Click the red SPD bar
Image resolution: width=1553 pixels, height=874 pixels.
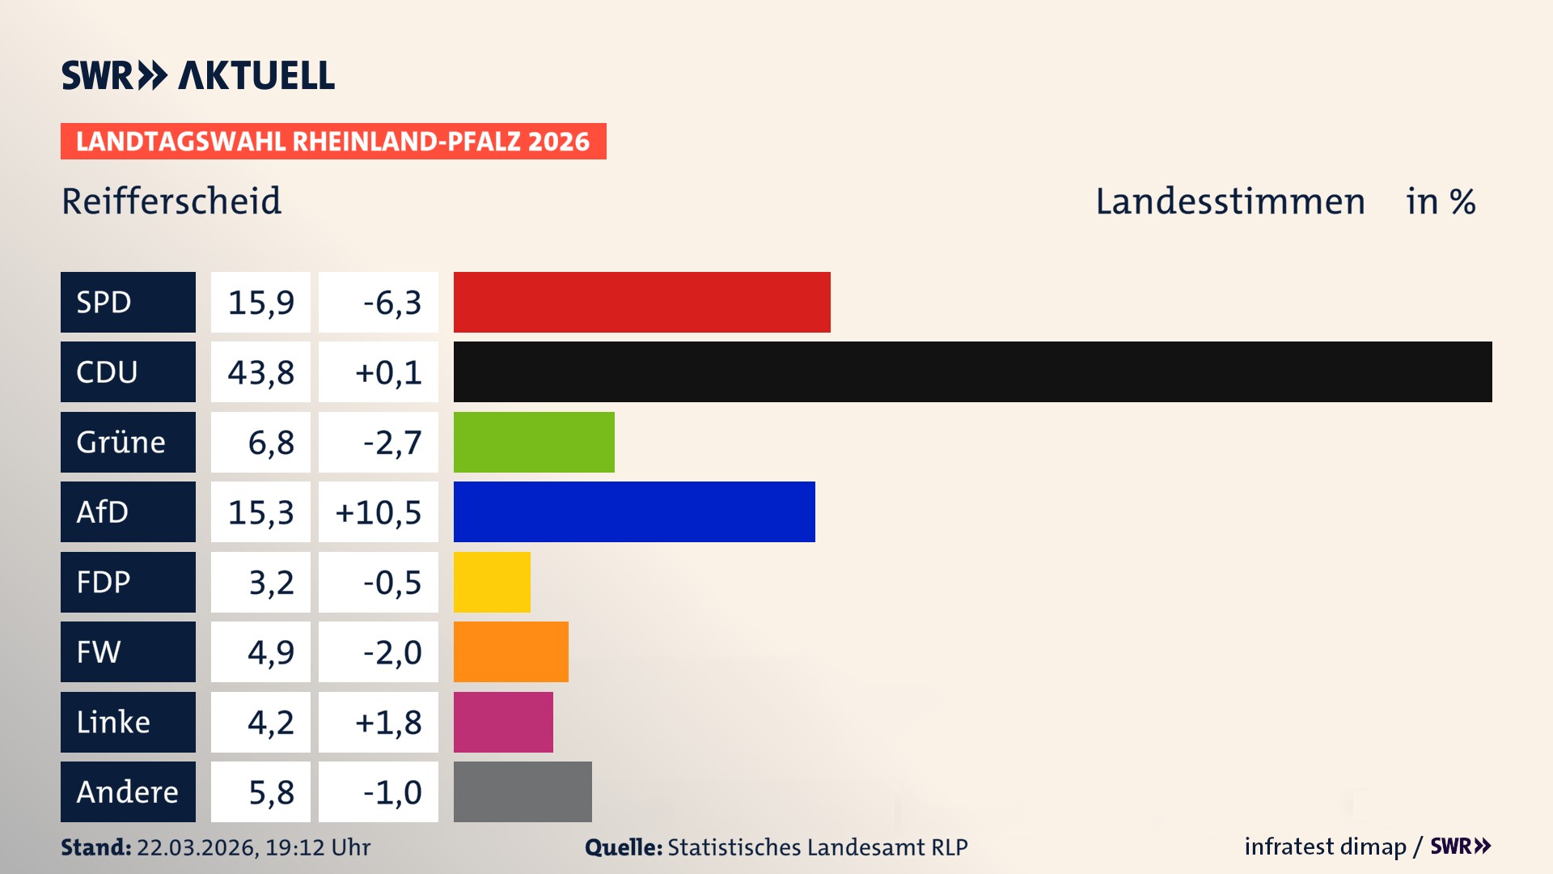click(x=641, y=302)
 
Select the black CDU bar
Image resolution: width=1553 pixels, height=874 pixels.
click(x=972, y=371)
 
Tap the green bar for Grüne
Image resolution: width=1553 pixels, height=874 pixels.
click(x=534, y=442)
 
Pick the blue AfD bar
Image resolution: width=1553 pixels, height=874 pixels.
click(x=634, y=511)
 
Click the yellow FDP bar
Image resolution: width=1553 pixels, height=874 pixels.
click(x=492, y=582)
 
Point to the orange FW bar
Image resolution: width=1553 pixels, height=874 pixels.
click(x=510, y=651)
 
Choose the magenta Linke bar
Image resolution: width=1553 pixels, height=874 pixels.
click(x=503, y=722)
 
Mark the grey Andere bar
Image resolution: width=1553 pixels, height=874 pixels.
click(x=523, y=791)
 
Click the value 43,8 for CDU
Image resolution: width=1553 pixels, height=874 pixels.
click(x=260, y=372)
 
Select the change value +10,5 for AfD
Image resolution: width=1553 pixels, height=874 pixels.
click(x=379, y=512)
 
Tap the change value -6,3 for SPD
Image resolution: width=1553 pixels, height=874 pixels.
click(x=391, y=303)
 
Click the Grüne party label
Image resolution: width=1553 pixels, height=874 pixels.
click(x=121, y=443)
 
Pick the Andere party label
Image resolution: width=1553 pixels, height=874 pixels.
click(x=127, y=791)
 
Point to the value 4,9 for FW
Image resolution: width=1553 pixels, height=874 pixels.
click(x=270, y=652)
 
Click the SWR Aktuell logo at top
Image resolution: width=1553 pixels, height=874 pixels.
click(x=197, y=75)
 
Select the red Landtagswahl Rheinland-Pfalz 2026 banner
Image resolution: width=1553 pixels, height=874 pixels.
click(x=332, y=141)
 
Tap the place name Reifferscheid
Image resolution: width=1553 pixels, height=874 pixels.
click(x=171, y=201)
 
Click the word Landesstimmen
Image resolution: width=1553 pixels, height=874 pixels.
click(x=1229, y=202)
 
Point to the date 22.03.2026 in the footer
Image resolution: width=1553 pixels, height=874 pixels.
click(x=196, y=847)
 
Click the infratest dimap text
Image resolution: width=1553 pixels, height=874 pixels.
click(x=1324, y=846)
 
